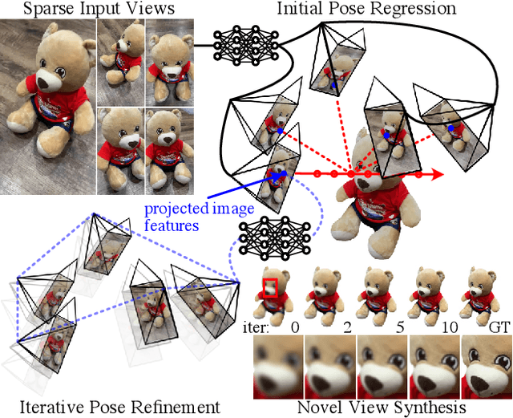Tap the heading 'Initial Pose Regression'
point(366,9)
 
